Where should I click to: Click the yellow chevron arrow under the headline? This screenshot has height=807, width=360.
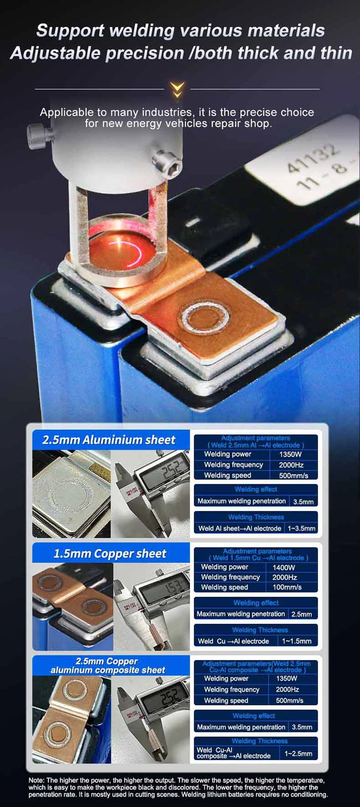177,90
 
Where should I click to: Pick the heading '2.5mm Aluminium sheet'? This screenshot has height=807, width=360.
108,440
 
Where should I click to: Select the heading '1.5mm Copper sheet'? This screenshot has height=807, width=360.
110,554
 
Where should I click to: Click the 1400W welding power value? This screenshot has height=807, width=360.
284,567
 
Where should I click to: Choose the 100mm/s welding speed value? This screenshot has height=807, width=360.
287,587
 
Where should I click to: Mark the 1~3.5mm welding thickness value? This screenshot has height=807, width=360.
301,528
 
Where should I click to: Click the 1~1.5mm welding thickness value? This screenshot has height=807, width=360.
297,641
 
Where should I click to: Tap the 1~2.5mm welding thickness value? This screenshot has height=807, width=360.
298,754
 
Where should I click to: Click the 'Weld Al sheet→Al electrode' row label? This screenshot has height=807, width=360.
240,528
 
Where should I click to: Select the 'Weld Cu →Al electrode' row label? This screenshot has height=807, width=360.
234,641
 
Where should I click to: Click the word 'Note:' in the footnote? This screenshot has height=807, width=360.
36,781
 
